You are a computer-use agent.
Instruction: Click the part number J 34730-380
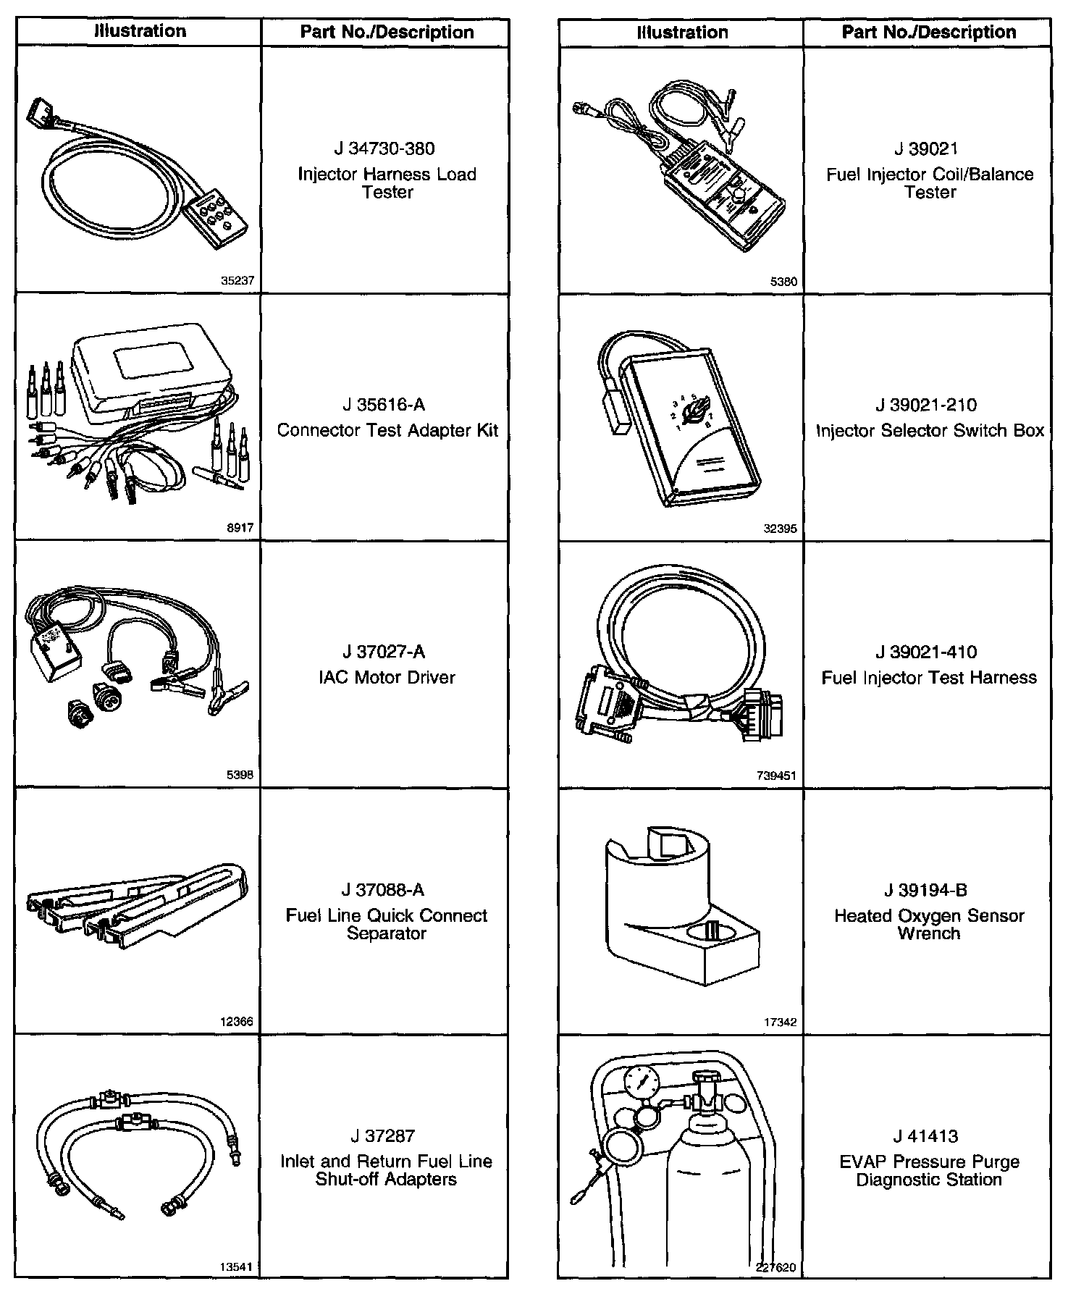[384, 148]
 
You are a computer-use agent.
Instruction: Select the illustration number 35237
[237, 281]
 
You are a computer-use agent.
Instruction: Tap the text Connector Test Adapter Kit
[387, 430]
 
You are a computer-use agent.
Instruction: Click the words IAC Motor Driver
[387, 678]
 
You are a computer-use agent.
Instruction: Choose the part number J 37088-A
[383, 890]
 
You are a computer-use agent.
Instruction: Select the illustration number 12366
[236, 1022]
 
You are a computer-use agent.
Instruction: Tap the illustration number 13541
[236, 1267]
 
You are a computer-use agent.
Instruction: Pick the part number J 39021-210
[926, 405]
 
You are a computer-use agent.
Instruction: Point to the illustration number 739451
[776, 776]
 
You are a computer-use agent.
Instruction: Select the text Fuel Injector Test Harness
[929, 678]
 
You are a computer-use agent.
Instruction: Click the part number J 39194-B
[926, 890]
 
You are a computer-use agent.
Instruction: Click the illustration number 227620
[776, 1268]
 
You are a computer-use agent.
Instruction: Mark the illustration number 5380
[783, 282]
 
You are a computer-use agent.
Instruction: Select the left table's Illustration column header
[140, 32]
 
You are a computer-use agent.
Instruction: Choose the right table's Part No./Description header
[929, 33]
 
